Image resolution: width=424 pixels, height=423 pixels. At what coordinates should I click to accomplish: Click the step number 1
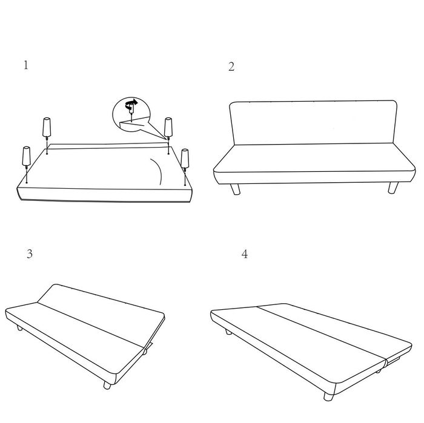[26, 65]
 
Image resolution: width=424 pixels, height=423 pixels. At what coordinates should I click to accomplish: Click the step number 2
[231, 67]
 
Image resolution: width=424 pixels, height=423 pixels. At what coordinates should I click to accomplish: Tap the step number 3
[30, 254]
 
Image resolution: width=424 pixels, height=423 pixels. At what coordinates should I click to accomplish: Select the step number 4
[245, 254]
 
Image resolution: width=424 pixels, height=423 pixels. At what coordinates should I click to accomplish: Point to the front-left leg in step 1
[27, 157]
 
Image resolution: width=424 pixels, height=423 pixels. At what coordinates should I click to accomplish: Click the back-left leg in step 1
[47, 128]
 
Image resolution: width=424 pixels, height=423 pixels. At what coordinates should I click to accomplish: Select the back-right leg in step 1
[168, 128]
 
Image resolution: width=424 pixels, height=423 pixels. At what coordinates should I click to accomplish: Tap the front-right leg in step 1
[185, 159]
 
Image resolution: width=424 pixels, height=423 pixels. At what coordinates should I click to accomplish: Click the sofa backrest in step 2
[313, 123]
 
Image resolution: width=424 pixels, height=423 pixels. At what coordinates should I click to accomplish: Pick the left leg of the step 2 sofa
[235, 189]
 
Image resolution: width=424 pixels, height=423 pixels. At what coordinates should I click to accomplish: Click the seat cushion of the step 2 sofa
[314, 163]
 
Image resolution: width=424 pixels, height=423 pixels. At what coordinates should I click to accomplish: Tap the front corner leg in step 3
[107, 385]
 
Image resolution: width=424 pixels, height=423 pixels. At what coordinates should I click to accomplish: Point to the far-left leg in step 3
[19, 328]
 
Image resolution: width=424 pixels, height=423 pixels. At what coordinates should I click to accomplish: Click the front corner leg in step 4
[328, 396]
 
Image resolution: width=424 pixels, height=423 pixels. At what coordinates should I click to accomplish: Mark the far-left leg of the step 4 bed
[228, 332]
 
